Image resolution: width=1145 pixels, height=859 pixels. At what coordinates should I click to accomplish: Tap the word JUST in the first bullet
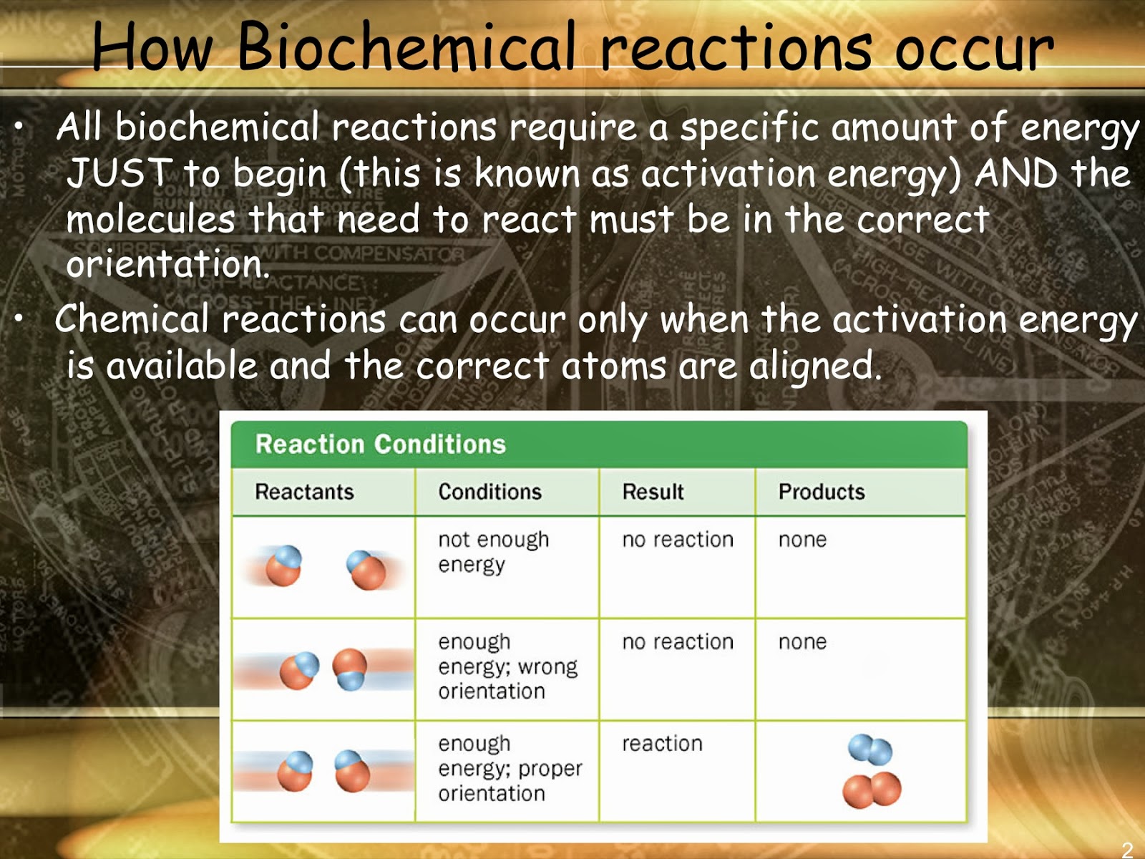coord(120,173)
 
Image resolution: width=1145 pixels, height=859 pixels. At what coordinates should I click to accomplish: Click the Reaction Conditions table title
coord(380,444)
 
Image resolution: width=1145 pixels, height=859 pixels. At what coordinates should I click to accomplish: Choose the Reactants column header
coord(304,492)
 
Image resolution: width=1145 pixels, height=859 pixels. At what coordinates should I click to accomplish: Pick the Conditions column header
coord(489,492)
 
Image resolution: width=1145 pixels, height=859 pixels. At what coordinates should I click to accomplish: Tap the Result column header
coord(653,492)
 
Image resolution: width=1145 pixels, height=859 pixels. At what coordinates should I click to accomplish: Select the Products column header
coord(822,492)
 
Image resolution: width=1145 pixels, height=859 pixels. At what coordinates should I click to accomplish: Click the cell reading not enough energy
coord(494,553)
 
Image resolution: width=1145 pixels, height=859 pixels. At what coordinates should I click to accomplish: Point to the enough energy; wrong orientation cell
coord(507,666)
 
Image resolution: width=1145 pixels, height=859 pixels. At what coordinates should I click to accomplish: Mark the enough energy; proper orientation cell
coord(510,768)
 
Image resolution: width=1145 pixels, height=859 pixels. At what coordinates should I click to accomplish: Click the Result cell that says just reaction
coord(662,744)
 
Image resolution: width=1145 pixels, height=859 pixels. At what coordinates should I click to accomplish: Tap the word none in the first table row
coord(802,540)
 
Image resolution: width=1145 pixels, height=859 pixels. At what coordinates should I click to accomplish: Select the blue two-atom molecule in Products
coord(870,749)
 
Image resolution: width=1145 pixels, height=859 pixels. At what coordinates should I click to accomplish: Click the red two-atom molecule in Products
coord(872,790)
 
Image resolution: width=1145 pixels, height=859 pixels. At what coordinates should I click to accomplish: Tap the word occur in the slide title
coord(974,51)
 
